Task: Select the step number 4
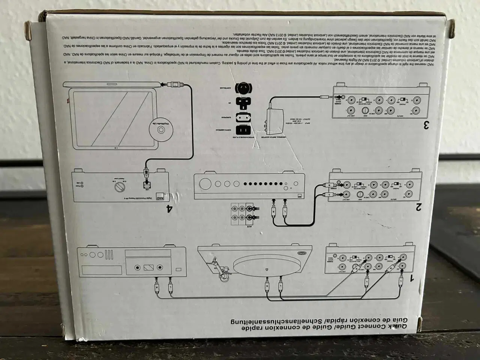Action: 170,208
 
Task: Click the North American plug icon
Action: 243,130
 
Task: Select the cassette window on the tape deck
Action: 149,267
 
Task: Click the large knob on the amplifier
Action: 205,184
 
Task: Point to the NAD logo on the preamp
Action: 160,195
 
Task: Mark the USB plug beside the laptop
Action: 175,85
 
